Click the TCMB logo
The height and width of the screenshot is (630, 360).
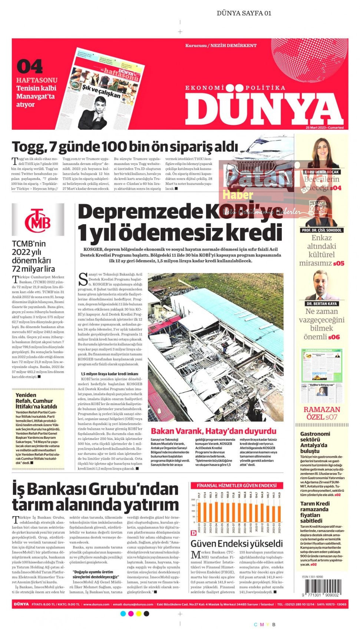pyautogui.click(x=37, y=221)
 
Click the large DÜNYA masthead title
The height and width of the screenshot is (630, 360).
pyautogui.click(x=264, y=108)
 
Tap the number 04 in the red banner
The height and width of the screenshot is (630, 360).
pyautogui.click(x=30, y=67)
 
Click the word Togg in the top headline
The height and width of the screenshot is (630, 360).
pyautogui.click(x=28, y=147)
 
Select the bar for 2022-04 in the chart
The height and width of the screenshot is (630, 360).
pyautogui.click(x=217, y=511)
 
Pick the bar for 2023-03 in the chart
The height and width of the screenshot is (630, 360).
pyautogui.click(x=279, y=514)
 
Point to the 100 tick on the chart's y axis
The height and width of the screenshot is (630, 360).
pyautogui.click(x=193, y=511)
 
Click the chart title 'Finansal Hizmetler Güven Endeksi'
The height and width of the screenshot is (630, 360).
pyautogui.click(x=236, y=485)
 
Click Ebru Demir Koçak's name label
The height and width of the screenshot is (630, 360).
pyautogui.click(x=322, y=172)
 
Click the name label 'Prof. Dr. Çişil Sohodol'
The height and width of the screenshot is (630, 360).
pyautogui.click(x=321, y=230)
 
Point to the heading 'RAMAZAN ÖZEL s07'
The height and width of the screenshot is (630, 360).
pyautogui.click(x=321, y=413)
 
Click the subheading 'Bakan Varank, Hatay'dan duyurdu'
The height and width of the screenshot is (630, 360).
pyautogui.click(x=214, y=431)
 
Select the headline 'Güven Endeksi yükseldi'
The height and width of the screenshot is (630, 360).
pyautogui.click(x=237, y=544)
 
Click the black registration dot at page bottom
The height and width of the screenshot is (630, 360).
pyautogui.click(x=146, y=614)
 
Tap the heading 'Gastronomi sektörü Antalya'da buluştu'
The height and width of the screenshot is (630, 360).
pyautogui.click(x=315, y=442)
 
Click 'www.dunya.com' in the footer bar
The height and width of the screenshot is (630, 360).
pyautogui.click(x=96, y=604)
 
